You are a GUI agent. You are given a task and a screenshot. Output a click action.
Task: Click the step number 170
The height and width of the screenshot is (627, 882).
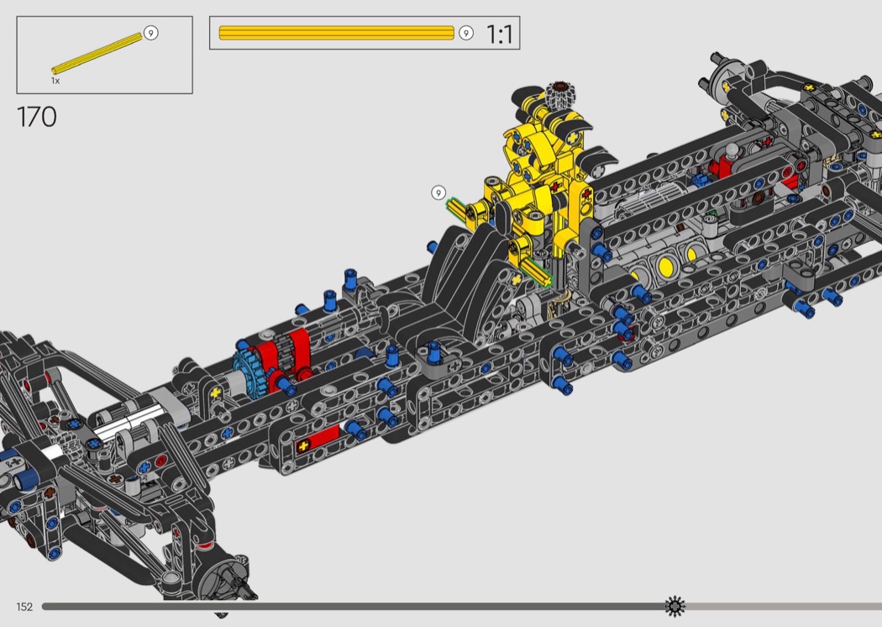37,117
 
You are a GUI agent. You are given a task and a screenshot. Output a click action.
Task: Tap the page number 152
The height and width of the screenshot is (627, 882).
24,607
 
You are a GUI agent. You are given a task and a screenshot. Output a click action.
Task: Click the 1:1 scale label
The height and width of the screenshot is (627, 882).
499,34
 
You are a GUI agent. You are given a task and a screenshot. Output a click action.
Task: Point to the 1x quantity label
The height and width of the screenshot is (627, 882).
55,81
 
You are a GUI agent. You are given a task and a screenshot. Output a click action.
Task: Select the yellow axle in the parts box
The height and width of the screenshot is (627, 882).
97,54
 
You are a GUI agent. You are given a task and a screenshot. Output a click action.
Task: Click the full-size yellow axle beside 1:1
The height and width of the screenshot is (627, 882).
336,33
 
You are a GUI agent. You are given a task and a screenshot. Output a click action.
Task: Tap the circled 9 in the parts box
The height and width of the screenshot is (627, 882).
150,33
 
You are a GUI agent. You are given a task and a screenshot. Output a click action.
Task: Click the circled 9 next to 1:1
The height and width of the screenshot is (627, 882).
465,34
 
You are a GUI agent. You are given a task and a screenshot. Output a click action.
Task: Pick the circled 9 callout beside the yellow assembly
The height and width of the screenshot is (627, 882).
438,193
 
